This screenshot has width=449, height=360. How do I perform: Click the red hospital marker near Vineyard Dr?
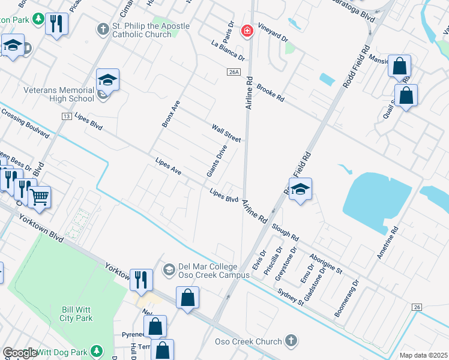point(246,32)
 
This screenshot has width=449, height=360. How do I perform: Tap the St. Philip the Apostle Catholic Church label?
point(150,31)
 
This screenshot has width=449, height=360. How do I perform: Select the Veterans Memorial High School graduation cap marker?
point(107,80)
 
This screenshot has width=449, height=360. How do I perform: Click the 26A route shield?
point(234,72)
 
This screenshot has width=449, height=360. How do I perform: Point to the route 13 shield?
point(66,115)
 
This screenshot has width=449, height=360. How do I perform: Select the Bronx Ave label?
point(170,113)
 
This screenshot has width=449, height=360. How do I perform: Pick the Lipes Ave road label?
point(168,167)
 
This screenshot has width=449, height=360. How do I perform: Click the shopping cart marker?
point(40,196)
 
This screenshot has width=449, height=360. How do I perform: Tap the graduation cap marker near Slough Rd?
point(300,189)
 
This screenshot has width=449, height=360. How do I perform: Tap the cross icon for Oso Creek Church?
point(291,341)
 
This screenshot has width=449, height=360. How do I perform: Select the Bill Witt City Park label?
point(76,314)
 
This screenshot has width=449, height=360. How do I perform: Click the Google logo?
point(20,353)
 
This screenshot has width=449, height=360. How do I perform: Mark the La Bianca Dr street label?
point(228,50)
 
